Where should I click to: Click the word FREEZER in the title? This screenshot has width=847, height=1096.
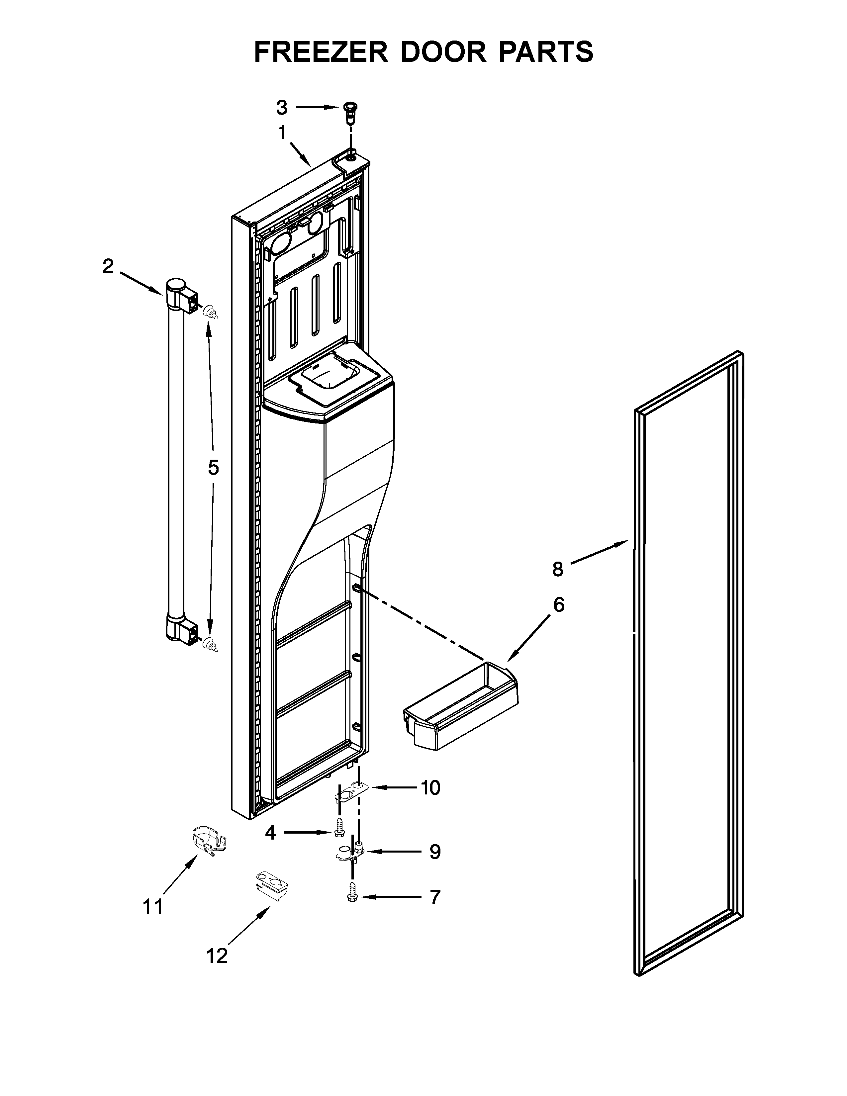[x=321, y=52]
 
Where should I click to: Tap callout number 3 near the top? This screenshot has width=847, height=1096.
[x=282, y=107]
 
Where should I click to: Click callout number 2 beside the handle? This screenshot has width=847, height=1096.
[x=108, y=266]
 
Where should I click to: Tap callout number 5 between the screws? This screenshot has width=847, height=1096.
[x=213, y=468]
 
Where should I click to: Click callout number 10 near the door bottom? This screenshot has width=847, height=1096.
[x=430, y=788]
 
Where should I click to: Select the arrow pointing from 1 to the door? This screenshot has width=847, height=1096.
[x=301, y=154]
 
